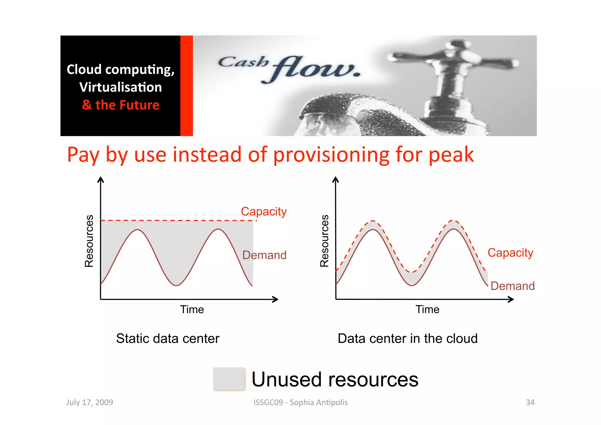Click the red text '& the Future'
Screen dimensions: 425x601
coord(121,105)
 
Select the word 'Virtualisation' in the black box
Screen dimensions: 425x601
coord(121,87)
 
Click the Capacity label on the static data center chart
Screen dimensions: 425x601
coord(264,211)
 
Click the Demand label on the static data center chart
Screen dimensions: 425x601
coord(264,255)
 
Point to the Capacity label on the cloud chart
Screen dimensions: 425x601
coord(510,253)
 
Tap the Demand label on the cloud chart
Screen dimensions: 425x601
coord(512,286)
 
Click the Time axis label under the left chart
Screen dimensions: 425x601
coord(192,310)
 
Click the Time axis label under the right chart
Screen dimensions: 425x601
coord(427,310)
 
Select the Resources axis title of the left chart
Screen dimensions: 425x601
coord(89,241)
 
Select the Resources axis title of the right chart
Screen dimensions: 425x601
coord(324,241)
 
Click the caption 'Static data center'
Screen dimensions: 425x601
coord(168,338)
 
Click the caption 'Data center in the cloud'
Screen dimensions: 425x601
coord(408,338)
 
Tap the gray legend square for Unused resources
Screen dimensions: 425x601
coord(229,379)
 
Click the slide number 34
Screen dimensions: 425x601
coord(530,402)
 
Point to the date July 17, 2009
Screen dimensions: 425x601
coord(90,402)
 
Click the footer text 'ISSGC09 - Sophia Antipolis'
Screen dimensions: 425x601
coord(300,402)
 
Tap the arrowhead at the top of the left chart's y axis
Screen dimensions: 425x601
coord(101,179)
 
